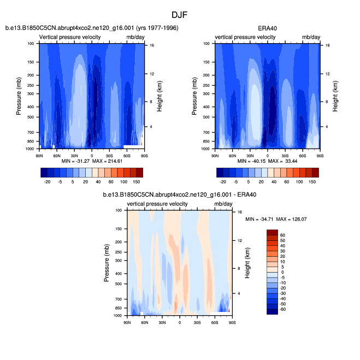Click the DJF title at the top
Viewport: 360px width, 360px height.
pos(180,15)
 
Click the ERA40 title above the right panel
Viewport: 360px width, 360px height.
pos(267,28)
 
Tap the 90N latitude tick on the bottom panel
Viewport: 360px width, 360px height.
pos(127,323)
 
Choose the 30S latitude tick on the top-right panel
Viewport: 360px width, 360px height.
pos(285,156)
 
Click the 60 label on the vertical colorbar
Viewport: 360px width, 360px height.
pos(283,235)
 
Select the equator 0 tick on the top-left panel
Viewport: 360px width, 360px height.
pos(92,156)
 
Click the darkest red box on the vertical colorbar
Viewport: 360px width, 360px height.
pos(272,232)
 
